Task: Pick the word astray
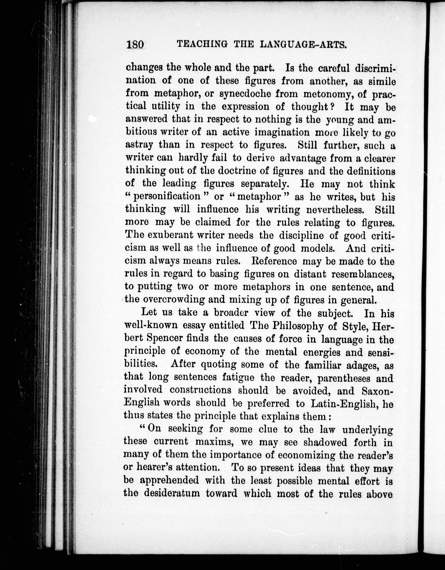point(139,145)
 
